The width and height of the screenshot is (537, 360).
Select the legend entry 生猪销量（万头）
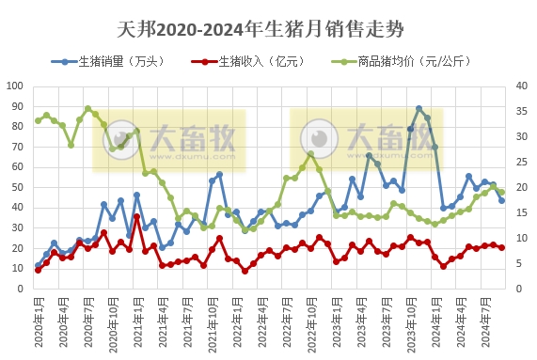click(x=114, y=62)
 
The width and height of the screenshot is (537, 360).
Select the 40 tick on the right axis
click(x=513, y=86)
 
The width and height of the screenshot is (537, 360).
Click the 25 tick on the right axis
click(x=513, y=162)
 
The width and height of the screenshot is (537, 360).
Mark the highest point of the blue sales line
click(x=419, y=109)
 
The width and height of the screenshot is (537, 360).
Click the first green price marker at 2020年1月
click(x=38, y=120)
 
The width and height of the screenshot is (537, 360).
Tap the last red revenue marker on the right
click(x=501, y=247)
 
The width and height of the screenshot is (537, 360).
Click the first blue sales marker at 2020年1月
click(x=38, y=265)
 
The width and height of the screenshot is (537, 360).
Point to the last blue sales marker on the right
click(x=501, y=200)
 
